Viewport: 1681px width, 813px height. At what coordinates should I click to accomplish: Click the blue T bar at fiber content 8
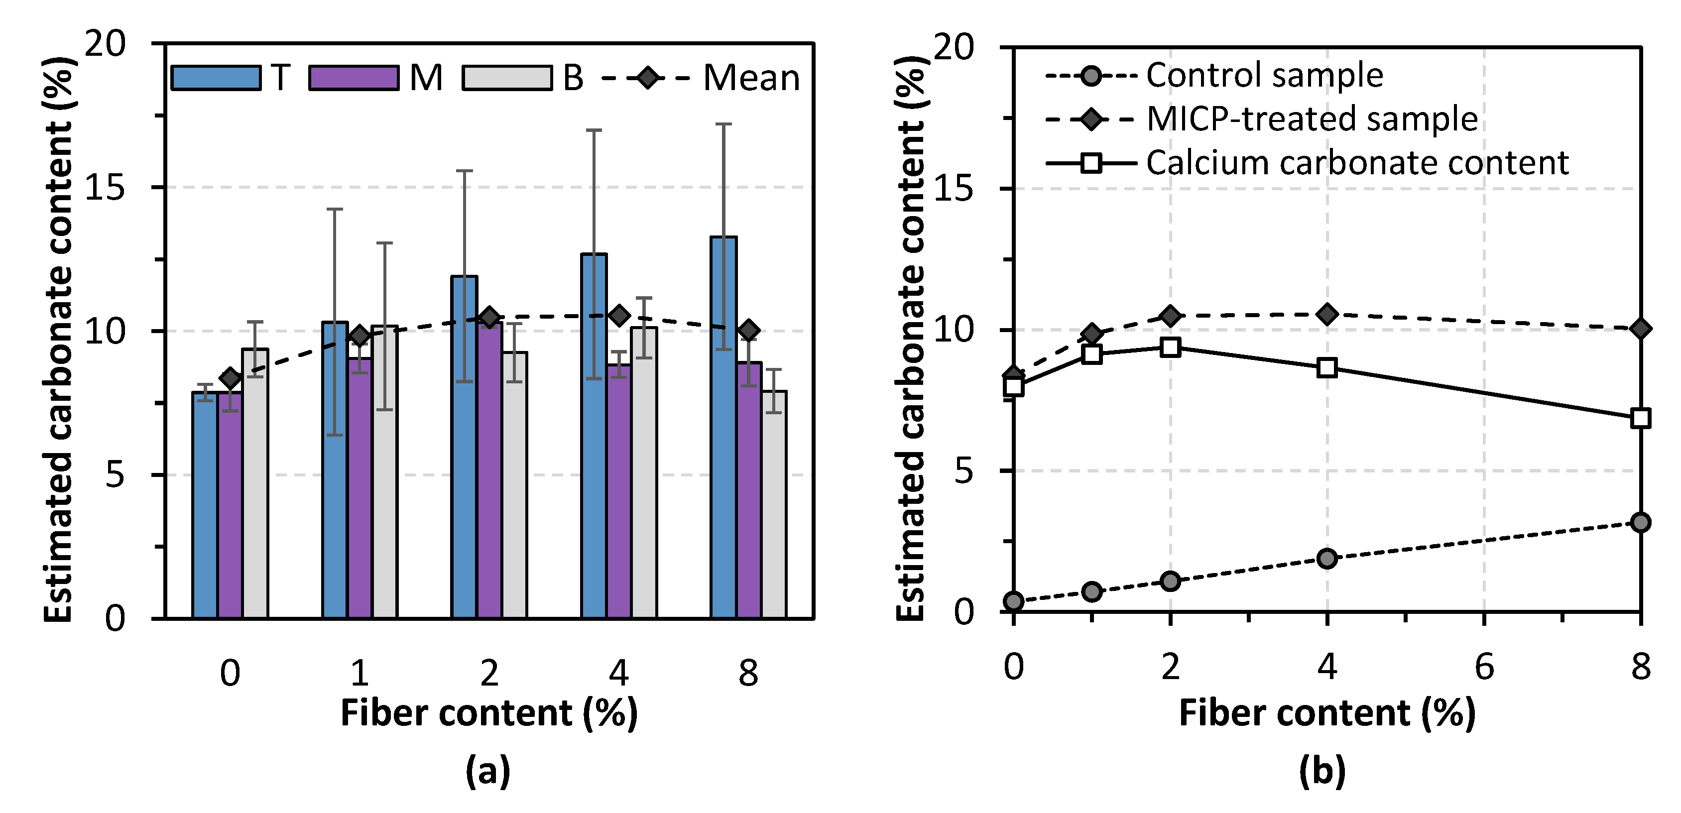(x=723, y=431)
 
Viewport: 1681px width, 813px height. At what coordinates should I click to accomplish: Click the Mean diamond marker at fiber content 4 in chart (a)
(x=619, y=316)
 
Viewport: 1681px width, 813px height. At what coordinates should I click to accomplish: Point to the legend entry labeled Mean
(x=750, y=78)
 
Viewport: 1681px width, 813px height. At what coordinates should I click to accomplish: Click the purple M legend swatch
(x=354, y=78)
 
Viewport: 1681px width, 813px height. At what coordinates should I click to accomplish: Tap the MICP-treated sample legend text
(x=1312, y=119)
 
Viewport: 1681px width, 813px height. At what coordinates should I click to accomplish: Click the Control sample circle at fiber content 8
(x=1641, y=522)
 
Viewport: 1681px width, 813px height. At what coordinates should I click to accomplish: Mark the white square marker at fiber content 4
(x=1326, y=367)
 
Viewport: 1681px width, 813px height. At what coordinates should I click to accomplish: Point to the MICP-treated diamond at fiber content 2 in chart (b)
(x=1170, y=316)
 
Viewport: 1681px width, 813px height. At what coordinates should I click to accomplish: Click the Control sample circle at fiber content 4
(x=1326, y=559)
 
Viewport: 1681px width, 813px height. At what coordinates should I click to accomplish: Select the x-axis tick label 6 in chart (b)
(x=1484, y=667)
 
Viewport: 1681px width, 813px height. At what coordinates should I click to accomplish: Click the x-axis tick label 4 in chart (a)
(x=618, y=673)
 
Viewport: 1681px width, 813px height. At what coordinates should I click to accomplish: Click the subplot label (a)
(x=487, y=771)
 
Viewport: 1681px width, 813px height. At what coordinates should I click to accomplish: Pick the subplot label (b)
(x=1322, y=771)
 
